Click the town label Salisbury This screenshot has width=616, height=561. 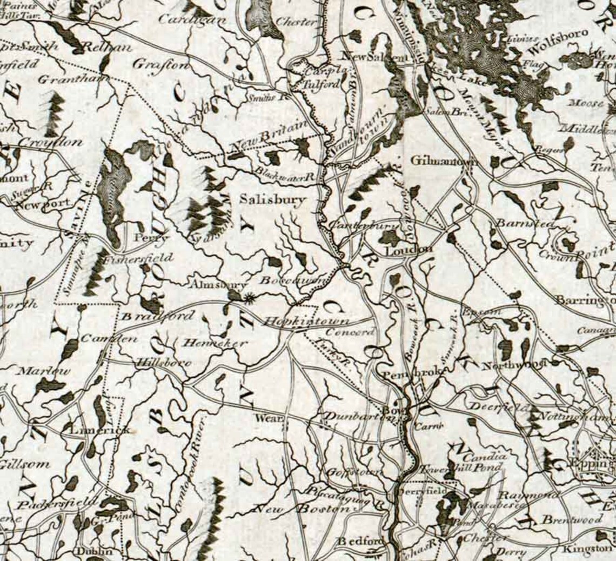(273, 199)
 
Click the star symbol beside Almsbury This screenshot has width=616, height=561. (249, 297)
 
